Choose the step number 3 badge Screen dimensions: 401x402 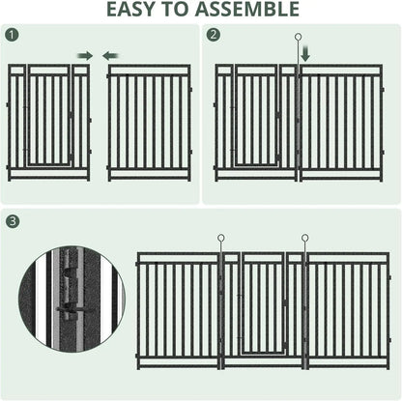tap(11, 221)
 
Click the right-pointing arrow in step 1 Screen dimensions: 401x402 tap(84, 55)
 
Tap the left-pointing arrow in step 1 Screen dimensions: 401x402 tap(109, 55)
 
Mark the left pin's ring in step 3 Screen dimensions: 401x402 tap(221, 236)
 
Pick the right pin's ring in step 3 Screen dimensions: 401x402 tap(304, 236)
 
